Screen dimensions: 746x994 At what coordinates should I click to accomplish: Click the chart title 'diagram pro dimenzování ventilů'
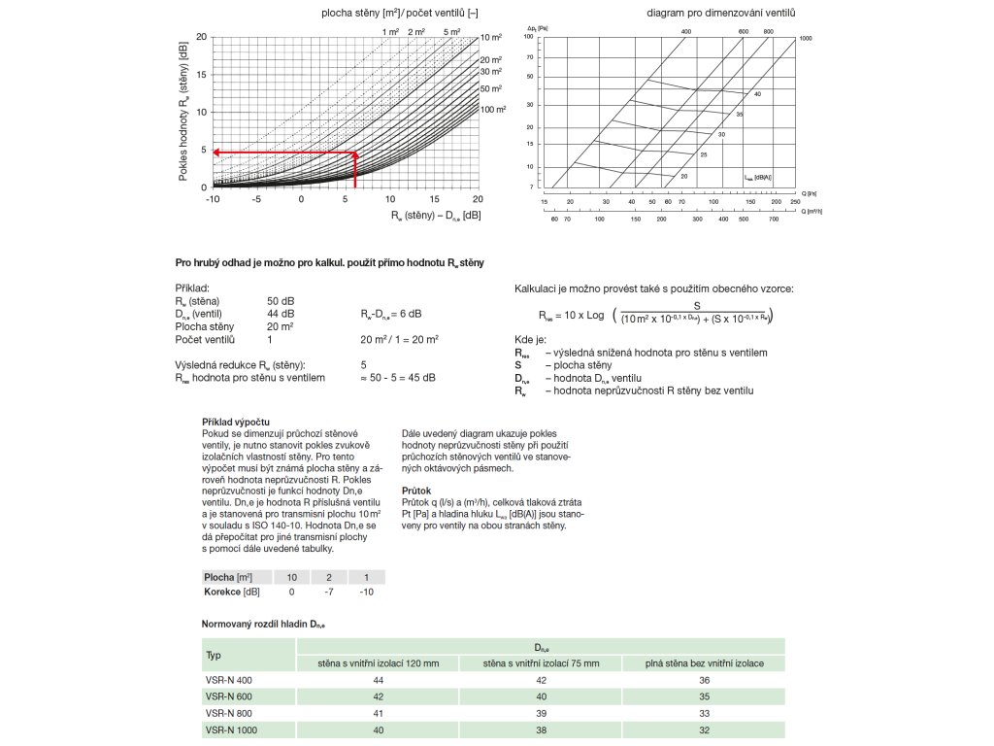pyautogui.click(x=721, y=13)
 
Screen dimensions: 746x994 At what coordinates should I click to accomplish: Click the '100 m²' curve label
pyautogui.click(x=494, y=110)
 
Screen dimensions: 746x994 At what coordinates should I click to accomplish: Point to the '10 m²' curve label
pyautogui.click(x=491, y=37)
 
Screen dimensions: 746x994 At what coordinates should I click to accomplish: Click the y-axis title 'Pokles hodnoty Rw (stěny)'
pyautogui.click(x=183, y=112)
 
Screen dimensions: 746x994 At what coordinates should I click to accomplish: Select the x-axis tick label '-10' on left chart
pyautogui.click(x=213, y=198)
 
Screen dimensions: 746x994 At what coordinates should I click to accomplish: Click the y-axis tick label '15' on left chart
pyautogui.click(x=202, y=75)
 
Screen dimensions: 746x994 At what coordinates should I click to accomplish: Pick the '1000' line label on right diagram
pyautogui.click(x=805, y=38)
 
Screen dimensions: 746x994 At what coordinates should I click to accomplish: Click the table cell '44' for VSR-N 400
pyautogui.click(x=378, y=680)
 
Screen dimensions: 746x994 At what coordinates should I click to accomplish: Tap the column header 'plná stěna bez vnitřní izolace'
pyautogui.click(x=704, y=663)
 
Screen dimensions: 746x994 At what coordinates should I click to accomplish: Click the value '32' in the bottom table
pyautogui.click(x=704, y=729)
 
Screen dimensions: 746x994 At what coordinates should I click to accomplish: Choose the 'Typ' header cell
pyautogui.click(x=215, y=655)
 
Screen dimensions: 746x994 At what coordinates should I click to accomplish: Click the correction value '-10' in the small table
pyautogui.click(x=365, y=592)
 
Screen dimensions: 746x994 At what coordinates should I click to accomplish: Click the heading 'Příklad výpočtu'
pyautogui.click(x=229, y=422)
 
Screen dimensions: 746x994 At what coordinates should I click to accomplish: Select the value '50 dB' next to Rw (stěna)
pyautogui.click(x=281, y=301)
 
